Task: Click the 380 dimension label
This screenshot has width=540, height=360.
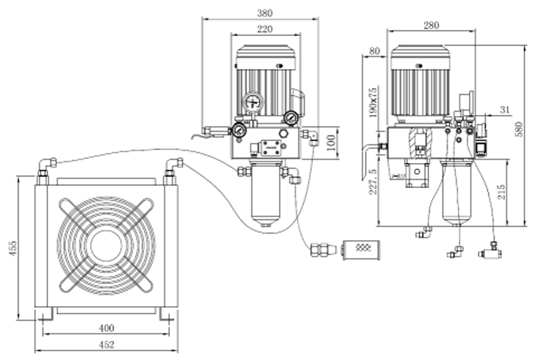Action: click(x=264, y=12)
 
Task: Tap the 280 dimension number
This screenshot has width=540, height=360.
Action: click(x=431, y=25)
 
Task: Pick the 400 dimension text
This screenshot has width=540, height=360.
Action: click(x=106, y=328)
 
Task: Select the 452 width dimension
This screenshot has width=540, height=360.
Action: click(x=106, y=345)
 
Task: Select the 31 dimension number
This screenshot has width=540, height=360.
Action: click(x=505, y=110)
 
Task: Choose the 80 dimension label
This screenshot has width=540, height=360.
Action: click(x=375, y=51)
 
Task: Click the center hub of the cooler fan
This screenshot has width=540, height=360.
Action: click(x=106, y=245)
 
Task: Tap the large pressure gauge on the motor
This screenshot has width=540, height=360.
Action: click(x=252, y=103)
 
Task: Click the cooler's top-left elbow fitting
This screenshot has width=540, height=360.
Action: click(x=46, y=167)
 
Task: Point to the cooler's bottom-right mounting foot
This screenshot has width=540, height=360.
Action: click(x=167, y=314)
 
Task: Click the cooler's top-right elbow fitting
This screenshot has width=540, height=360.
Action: click(x=173, y=167)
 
